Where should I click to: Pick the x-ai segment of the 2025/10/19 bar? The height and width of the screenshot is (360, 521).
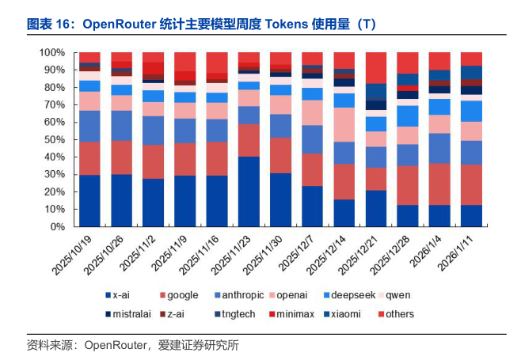pos(89,201)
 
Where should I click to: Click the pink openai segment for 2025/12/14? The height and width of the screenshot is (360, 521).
pos(344,124)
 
